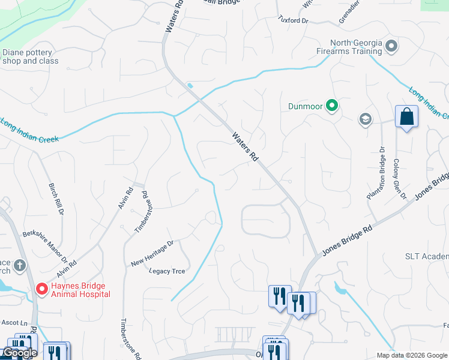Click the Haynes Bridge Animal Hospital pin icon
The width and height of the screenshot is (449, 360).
pyautogui.click(x=42, y=289)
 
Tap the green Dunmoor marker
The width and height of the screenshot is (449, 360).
pyautogui.click(x=331, y=107)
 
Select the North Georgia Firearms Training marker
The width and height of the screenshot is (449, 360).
pyautogui.click(x=391, y=46)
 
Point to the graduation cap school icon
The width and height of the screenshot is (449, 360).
pyautogui.click(x=365, y=119)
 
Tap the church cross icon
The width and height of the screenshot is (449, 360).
pyautogui.click(x=19, y=265)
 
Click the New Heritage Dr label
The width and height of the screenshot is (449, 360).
pyautogui.click(x=152, y=253)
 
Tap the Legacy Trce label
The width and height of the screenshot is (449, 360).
pyautogui.click(x=167, y=271)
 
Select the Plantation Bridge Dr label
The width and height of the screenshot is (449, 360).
pyautogui.click(x=375, y=173)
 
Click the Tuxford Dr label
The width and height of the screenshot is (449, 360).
pyautogui.click(x=293, y=20)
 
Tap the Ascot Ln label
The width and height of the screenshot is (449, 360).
pyautogui.click(x=14, y=323)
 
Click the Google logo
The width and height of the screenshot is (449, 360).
pyautogui.click(x=19, y=353)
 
